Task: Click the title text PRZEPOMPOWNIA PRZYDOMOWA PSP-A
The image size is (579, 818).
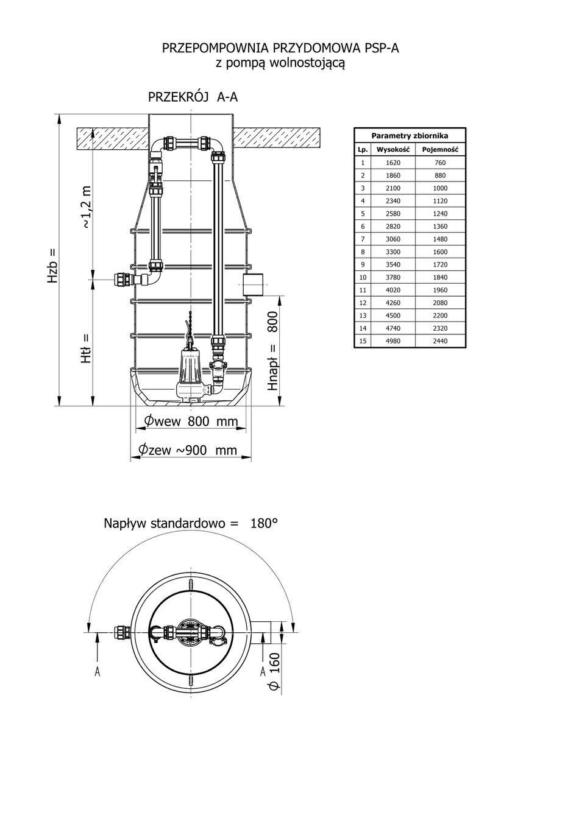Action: tap(280, 48)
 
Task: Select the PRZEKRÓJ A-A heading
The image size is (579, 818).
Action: tap(193, 97)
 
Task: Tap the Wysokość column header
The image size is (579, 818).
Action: tap(393, 149)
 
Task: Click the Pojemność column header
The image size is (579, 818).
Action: tap(440, 149)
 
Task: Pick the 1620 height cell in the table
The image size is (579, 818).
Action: tap(393, 163)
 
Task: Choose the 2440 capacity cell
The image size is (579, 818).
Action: tap(440, 341)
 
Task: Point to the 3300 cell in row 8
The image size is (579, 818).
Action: tap(393, 252)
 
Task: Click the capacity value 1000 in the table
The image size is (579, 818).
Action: tap(440, 188)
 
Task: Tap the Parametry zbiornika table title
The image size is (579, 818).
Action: tap(410, 136)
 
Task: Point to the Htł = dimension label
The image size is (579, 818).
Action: tap(86, 348)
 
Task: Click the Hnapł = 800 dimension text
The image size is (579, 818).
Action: tap(273, 351)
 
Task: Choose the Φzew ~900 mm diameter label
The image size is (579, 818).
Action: tap(187, 450)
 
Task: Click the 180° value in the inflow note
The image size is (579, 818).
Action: tap(264, 523)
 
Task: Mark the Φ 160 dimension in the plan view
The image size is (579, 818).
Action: tap(274, 671)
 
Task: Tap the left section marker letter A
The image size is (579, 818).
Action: tap(97, 671)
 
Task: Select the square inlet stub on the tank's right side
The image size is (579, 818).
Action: tap(252, 284)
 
